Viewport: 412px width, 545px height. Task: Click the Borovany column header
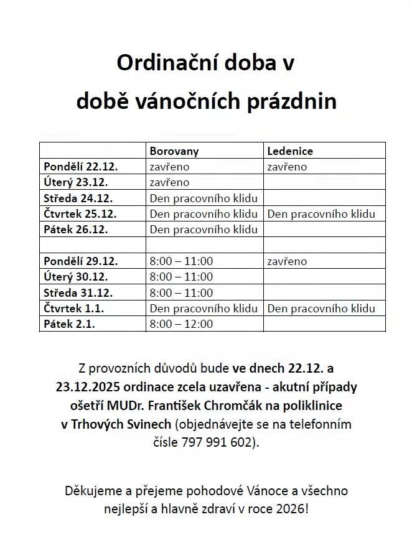point(174,151)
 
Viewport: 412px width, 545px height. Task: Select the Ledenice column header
point(290,151)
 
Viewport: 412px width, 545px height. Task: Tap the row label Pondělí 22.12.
point(81,167)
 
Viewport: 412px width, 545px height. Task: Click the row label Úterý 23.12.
point(76,182)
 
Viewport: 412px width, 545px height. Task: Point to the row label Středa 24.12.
point(78,198)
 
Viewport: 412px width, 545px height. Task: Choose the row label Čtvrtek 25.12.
point(80,214)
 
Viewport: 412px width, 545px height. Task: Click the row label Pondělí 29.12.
point(81,261)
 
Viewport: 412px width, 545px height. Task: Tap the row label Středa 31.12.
point(78,292)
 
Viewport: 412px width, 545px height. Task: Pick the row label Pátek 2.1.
point(69,324)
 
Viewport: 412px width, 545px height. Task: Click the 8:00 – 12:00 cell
point(181,324)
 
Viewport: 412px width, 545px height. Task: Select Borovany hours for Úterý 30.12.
point(181,277)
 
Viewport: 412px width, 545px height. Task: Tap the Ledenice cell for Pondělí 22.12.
point(287,167)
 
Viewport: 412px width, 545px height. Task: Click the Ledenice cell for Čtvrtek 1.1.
point(321,308)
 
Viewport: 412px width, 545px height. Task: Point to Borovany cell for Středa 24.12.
point(204,198)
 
